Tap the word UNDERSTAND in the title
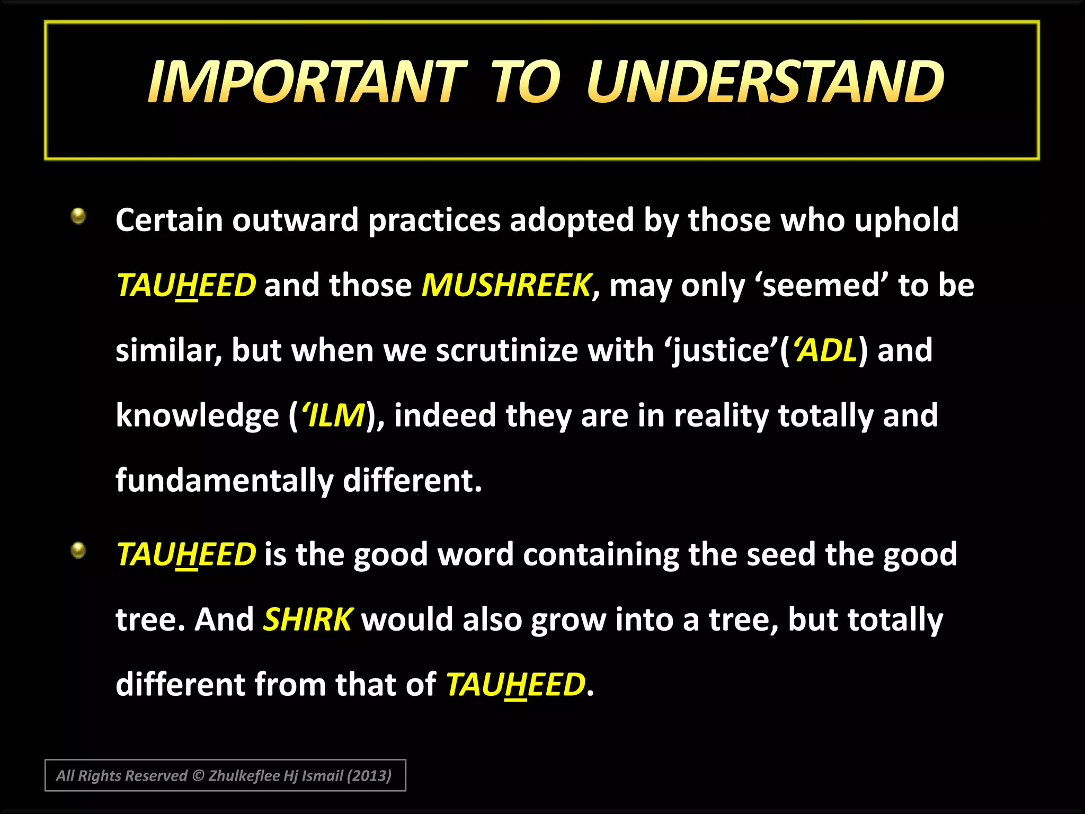pyautogui.click(x=765, y=82)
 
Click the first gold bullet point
pyautogui.click(x=78, y=216)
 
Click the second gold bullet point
pyautogui.click(x=78, y=551)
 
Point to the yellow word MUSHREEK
pyautogui.click(x=506, y=285)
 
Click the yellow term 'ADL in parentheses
pyautogui.click(x=824, y=350)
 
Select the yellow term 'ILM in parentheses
pyautogui.click(x=334, y=415)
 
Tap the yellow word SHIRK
pyautogui.click(x=307, y=619)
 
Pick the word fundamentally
pyautogui.click(x=224, y=481)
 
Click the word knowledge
pyautogui.click(x=197, y=415)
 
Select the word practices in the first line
pyautogui.click(x=434, y=220)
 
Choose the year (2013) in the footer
pyautogui.click(x=369, y=776)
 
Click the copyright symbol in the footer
pyautogui.click(x=198, y=776)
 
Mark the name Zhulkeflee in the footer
pyautogui.click(x=244, y=776)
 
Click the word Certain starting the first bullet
pyautogui.click(x=168, y=220)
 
